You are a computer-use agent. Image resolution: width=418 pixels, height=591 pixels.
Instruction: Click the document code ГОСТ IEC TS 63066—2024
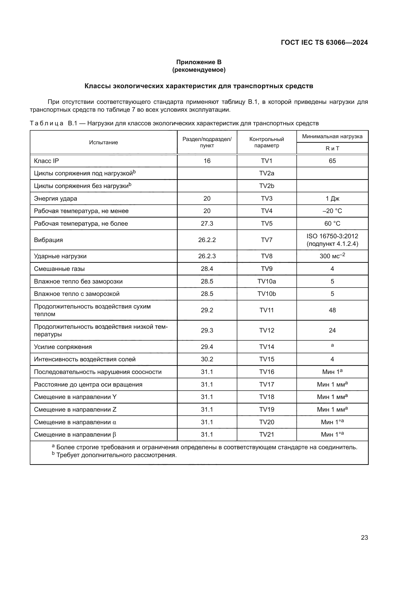324,42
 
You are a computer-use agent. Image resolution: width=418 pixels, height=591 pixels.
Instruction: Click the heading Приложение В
199,62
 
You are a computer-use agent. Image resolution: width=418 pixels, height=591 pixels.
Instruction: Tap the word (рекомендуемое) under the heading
199,70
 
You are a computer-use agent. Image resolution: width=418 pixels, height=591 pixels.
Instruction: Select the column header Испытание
103,142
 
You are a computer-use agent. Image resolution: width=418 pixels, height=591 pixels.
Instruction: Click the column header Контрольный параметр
267,142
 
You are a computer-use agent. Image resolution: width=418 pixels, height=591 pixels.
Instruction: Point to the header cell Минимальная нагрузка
332,136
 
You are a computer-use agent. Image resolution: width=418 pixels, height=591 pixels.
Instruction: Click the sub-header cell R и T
332,149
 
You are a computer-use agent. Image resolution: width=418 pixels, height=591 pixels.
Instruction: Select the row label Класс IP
46,161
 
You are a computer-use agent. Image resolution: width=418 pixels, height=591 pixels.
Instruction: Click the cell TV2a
267,173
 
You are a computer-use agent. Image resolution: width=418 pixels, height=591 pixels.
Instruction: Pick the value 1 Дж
332,198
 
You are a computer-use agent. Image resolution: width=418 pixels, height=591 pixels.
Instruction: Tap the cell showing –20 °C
332,211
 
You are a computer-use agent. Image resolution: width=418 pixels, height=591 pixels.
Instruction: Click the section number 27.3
207,223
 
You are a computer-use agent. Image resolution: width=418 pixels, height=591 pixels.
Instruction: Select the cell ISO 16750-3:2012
332,236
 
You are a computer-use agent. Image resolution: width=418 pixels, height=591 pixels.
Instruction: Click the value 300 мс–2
332,256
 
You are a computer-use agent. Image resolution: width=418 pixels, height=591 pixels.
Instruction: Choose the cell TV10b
267,294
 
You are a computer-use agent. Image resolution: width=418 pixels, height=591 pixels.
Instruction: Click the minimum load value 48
332,310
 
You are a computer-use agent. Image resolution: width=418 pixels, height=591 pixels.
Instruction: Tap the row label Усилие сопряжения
63,347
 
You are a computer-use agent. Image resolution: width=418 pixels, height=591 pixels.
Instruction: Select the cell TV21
267,435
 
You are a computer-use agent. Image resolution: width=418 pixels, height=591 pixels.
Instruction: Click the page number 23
364,537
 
